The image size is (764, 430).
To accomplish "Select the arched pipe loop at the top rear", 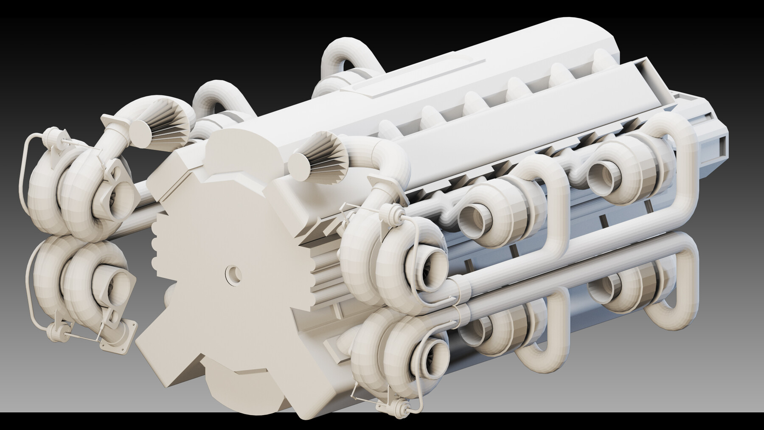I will point(340,55).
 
